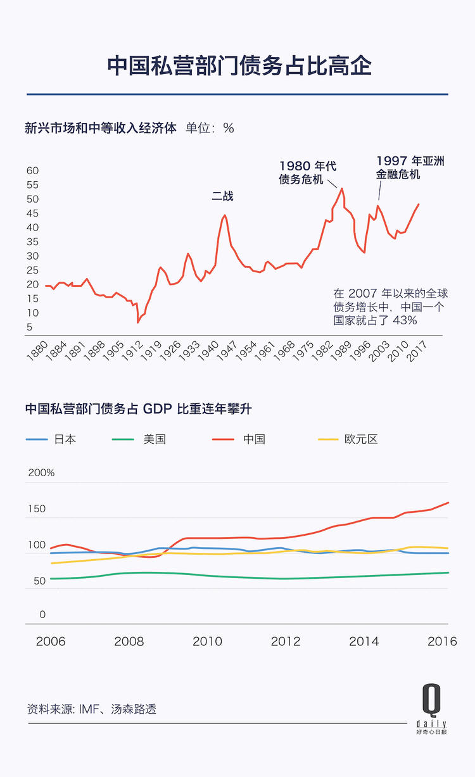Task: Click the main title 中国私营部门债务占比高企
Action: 237,65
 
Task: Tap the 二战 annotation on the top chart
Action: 222,196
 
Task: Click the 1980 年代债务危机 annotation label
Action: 308,173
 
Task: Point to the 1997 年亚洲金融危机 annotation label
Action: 410,167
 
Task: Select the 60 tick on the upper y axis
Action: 32,170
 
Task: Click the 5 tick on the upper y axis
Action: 29,327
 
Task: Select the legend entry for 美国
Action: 155,439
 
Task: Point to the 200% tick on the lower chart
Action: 41,472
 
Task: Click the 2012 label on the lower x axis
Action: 286,641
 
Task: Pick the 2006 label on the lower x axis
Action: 51,641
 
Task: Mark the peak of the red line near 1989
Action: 342,188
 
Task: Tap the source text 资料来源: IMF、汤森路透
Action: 92,709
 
